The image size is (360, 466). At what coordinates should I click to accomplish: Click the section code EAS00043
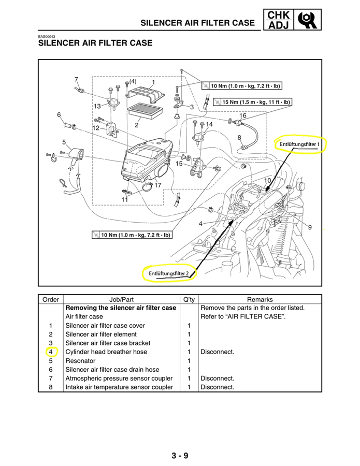click(x=47, y=37)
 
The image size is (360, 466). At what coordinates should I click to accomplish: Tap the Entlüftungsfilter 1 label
click(x=300, y=143)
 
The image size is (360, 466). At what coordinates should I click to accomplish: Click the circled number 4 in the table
click(x=51, y=352)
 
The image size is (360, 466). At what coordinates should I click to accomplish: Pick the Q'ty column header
click(x=188, y=299)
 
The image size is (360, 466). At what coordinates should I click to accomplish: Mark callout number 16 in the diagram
click(x=242, y=115)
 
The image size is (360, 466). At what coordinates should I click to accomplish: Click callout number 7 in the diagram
click(x=76, y=79)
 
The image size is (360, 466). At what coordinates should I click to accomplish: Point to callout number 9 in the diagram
click(x=310, y=227)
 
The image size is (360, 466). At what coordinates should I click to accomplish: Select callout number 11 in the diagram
click(x=125, y=199)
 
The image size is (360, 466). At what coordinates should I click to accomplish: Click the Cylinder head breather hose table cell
click(x=106, y=352)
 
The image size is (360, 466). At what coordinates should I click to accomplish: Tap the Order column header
click(x=51, y=299)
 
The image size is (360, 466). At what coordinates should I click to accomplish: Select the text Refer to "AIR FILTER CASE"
click(x=242, y=316)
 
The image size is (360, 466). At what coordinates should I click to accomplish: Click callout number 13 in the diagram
click(x=97, y=106)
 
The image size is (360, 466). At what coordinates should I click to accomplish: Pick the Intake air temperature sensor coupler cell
click(x=119, y=387)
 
